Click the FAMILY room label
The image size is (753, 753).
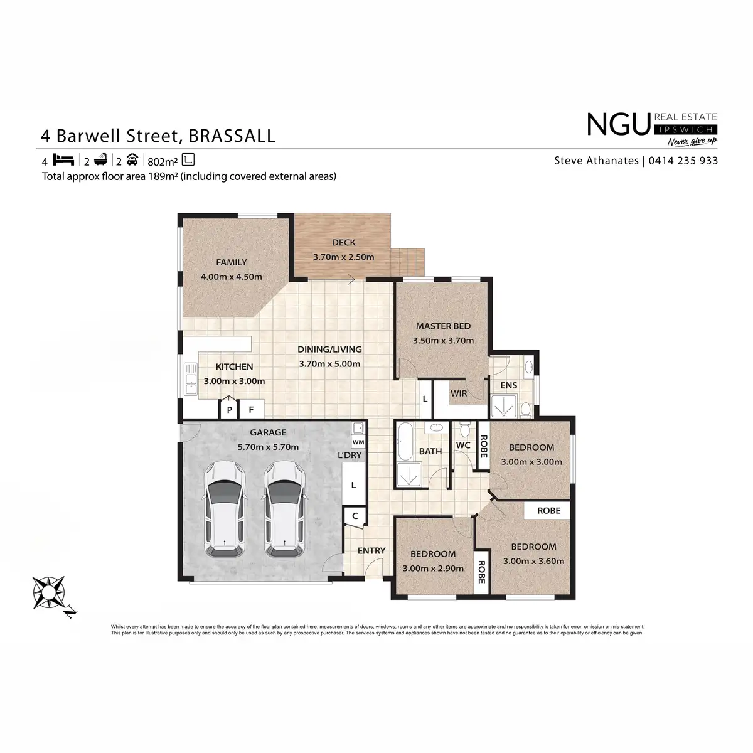click(x=232, y=262)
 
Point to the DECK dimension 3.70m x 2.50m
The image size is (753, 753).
click(x=343, y=257)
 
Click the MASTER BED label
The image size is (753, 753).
click(x=443, y=326)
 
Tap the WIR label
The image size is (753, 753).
click(x=459, y=393)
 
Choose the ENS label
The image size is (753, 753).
click(x=508, y=385)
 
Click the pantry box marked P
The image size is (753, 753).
click(x=230, y=410)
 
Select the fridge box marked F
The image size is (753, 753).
click(x=252, y=410)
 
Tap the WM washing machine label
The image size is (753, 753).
click(x=358, y=442)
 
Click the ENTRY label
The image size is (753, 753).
click(x=371, y=551)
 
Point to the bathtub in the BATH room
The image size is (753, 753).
click(x=404, y=442)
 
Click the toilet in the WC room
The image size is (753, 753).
click(x=464, y=430)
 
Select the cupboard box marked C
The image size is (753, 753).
click(x=355, y=516)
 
